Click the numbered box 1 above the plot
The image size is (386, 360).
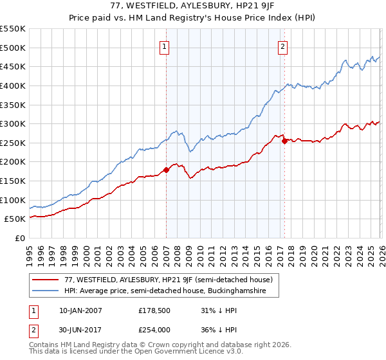point(165,46)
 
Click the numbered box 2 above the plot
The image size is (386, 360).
point(283,46)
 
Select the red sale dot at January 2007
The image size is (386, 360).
point(166,170)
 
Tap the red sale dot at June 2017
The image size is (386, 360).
point(284,141)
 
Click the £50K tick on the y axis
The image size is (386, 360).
point(15,219)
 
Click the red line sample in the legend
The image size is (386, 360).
point(46,280)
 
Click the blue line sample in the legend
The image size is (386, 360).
point(46,291)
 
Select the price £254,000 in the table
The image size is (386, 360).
point(154,330)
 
